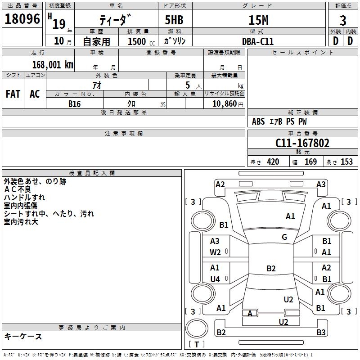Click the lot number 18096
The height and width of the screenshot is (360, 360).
(22, 19)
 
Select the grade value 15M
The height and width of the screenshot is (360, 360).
(258, 20)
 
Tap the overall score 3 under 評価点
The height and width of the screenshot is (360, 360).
(343, 21)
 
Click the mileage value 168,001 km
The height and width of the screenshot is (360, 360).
(53, 65)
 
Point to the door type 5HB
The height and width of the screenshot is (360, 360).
(174, 20)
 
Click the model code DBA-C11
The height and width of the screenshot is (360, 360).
(258, 41)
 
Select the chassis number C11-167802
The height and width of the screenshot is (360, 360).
(302, 143)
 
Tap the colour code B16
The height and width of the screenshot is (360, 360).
(75, 104)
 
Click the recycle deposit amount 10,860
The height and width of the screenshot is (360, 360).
(225, 104)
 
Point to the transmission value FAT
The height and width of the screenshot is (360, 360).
(13, 94)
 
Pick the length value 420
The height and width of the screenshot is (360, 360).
(273, 162)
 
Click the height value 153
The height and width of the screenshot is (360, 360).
(346, 162)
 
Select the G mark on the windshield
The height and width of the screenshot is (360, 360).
(284, 237)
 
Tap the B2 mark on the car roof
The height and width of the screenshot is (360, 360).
(271, 268)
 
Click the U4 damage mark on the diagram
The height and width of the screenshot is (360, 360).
(215, 279)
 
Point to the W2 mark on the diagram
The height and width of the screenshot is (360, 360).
(215, 252)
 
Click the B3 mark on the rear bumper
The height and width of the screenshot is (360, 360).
(321, 332)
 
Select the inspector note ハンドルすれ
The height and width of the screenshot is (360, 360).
(24, 198)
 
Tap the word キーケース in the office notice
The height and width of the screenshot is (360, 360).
(23, 336)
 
